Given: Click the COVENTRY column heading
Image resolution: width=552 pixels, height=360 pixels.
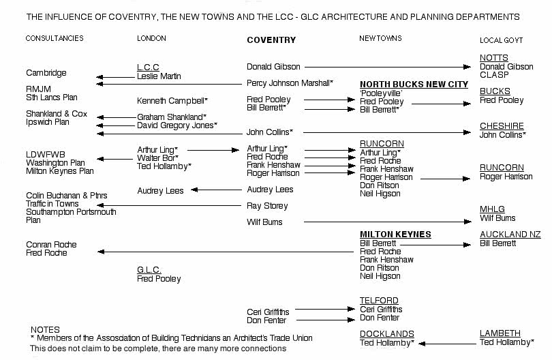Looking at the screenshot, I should click(x=271, y=40).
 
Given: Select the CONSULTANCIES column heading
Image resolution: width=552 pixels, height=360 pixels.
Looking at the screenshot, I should click(x=55, y=38).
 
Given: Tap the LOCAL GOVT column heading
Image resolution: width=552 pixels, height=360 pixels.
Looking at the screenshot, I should click(x=501, y=40).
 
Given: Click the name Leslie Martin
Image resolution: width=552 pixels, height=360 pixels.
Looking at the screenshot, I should click(x=159, y=76).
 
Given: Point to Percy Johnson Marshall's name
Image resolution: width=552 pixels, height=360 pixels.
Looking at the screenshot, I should click(x=290, y=83).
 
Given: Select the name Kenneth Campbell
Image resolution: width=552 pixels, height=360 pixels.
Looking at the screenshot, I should click(x=172, y=100).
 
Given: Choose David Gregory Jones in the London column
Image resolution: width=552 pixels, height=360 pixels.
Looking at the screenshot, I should click(x=177, y=125).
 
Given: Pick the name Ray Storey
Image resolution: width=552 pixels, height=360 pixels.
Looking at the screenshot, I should click(x=266, y=205).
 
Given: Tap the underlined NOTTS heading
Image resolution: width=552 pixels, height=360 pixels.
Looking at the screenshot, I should click(x=493, y=58).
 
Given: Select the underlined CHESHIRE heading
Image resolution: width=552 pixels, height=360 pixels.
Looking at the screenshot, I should click(x=502, y=126).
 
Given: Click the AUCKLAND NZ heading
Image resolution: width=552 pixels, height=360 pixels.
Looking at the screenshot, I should click(x=510, y=235).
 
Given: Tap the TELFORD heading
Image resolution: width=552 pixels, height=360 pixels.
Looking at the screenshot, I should click(x=379, y=301).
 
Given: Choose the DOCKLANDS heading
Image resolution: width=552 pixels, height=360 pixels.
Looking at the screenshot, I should click(x=386, y=333).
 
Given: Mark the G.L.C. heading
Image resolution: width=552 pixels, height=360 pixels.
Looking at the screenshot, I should click(x=149, y=270).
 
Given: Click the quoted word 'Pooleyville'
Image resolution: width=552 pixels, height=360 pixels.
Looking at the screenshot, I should click(x=382, y=92).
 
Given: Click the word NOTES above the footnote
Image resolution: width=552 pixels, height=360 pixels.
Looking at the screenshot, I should click(x=45, y=329).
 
